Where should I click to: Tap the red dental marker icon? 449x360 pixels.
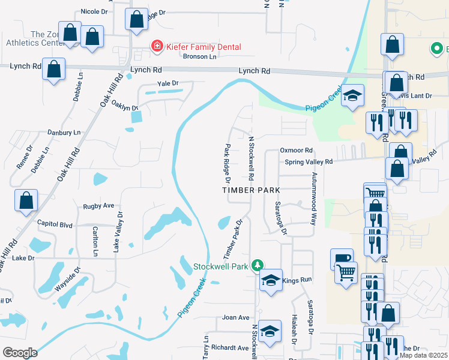point(157,46)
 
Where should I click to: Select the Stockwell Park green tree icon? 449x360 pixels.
point(258,265)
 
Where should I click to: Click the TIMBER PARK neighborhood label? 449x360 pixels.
point(252,190)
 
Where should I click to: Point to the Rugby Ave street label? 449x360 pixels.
point(98,205)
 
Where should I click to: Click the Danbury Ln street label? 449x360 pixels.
point(64,132)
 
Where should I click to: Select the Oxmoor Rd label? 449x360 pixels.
point(297,150)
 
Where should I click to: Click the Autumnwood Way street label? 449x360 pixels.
point(313,191)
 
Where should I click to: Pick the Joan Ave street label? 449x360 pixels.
point(235,317)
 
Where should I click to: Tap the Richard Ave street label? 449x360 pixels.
point(230,347)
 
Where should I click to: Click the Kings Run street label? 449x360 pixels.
point(297,280)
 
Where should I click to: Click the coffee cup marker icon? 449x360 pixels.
point(341,259)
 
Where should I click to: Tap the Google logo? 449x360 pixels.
point(20,353)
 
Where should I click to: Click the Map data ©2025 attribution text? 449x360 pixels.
point(423,355)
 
